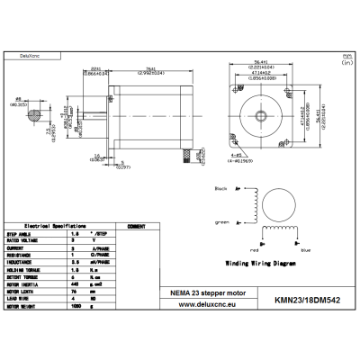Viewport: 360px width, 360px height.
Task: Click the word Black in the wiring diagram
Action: [x=220, y=190]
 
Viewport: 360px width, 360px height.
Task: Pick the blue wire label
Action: [x=280, y=247]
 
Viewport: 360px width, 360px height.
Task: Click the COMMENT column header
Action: [x=137, y=226]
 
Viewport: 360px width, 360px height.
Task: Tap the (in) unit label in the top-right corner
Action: [x=346, y=64]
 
